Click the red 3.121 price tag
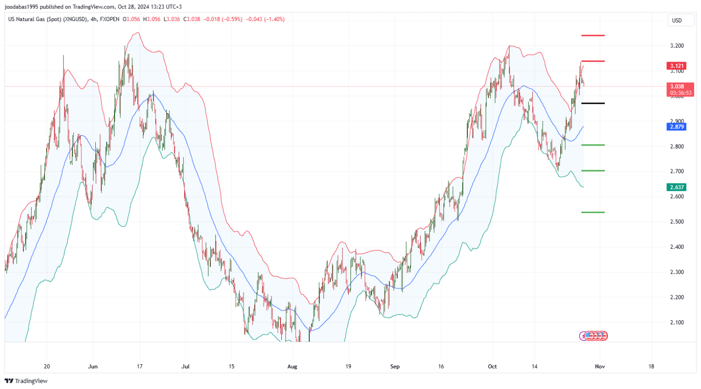coord(676,66)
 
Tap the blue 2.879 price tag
coord(676,127)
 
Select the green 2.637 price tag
coord(676,187)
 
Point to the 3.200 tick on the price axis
coord(677,46)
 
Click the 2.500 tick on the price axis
coord(677,222)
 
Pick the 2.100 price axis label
coord(677,323)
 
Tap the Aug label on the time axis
coord(292,367)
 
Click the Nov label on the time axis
coord(600,367)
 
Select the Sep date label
coord(395,367)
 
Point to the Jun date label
coord(93,367)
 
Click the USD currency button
coord(677,21)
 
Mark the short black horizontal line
coord(593,103)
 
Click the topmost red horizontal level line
coord(593,36)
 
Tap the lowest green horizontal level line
coord(593,212)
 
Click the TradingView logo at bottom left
coord(26,381)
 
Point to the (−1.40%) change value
coord(274,19)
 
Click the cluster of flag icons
coord(594,336)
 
